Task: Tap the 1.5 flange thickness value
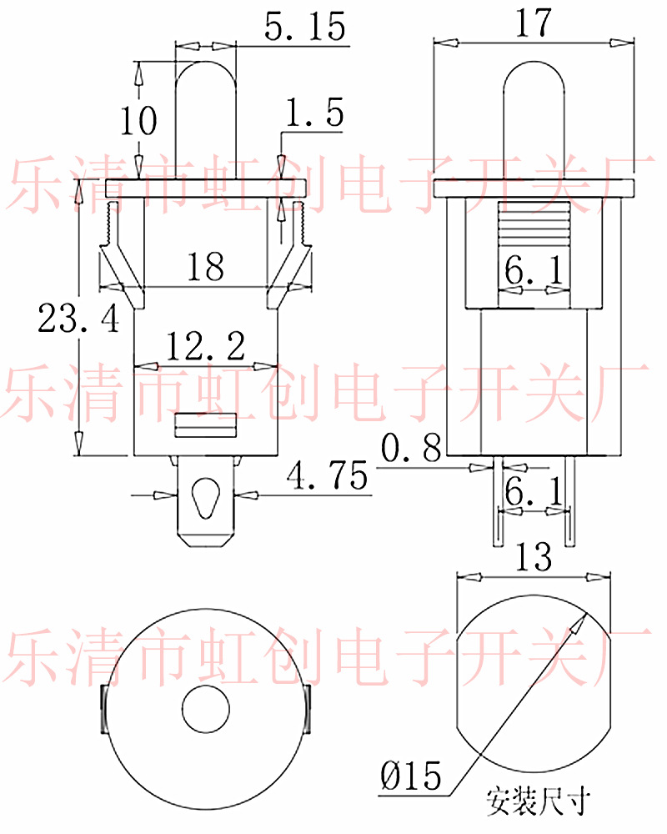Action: pyautogui.click(x=315, y=114)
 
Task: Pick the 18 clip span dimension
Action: pyautogui.click(x=205, y=268)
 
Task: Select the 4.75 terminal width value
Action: pyautogui.click(x=327, y=478)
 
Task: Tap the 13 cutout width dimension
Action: pyautogui.click(x=534, y=556)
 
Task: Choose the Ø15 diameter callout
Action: pyautogui.click(x=409, y=777)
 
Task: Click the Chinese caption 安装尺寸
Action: pyautogui.click(x=538, y=801)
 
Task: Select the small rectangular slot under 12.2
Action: pyautogui.click(x=205, y=425)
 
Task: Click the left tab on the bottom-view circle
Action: pyautogui.click(x=103, y=710)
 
